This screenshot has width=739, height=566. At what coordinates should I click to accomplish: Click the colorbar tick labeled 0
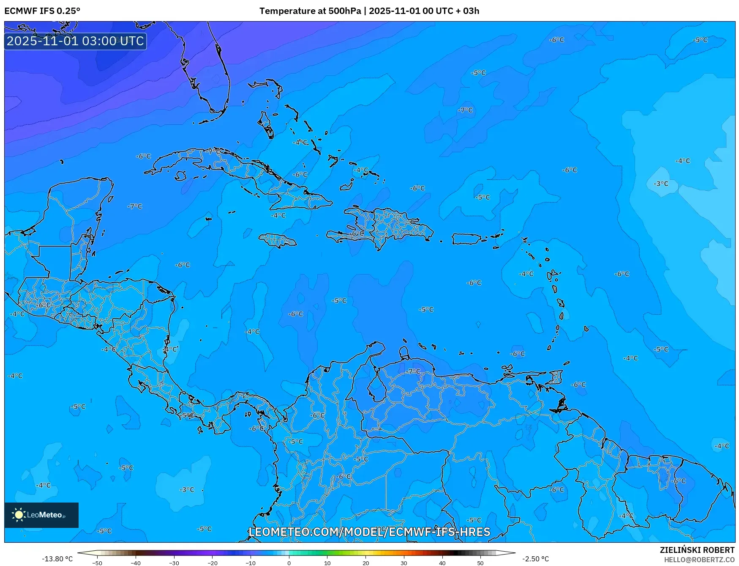(289, 563)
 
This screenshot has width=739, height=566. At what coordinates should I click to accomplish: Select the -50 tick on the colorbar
(97, 563)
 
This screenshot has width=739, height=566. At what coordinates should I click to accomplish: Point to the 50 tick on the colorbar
(480, 563)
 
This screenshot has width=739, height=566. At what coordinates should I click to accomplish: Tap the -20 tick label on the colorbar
(212, 563)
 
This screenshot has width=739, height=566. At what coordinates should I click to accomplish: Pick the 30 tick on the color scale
(404, 563)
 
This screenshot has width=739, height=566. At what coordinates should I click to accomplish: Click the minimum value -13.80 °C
(57, 559)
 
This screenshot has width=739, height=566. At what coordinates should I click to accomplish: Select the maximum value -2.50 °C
(535, 559)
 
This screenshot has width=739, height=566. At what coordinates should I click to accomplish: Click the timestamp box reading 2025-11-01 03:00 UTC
(75, 41)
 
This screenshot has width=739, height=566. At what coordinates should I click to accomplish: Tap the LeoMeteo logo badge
(41, 515)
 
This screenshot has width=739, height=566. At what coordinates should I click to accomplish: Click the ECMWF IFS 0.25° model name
(42, 11)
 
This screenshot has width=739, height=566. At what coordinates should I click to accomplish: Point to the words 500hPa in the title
(344, 11)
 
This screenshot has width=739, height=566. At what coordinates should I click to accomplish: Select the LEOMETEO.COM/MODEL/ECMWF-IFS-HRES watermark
(369, 532)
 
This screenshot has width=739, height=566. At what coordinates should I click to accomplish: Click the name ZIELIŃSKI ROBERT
(697, 550)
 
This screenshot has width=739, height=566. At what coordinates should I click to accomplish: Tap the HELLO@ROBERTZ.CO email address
(699, 560)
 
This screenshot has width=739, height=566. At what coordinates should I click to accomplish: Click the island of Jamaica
(278, 241)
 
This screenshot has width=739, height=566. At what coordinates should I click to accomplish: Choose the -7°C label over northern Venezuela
(413, 371)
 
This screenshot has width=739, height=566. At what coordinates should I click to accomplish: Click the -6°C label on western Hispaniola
(356, 234)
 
